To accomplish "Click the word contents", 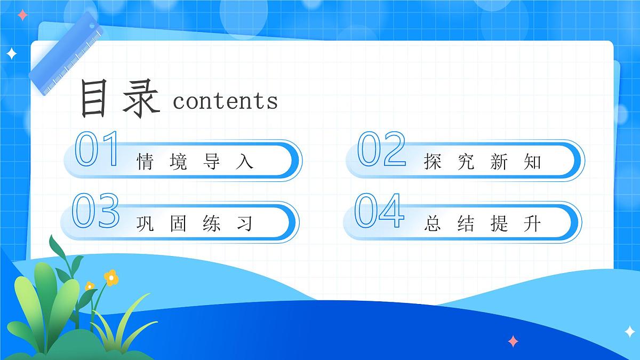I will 225,100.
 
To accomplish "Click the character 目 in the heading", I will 94,98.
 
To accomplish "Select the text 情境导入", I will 195,162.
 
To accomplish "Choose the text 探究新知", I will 482,162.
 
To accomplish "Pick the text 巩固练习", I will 195,223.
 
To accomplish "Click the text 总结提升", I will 482,223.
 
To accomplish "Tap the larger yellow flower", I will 110,277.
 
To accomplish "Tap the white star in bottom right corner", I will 630,331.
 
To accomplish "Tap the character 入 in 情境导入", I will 244,162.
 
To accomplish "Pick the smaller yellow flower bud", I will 90,286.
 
